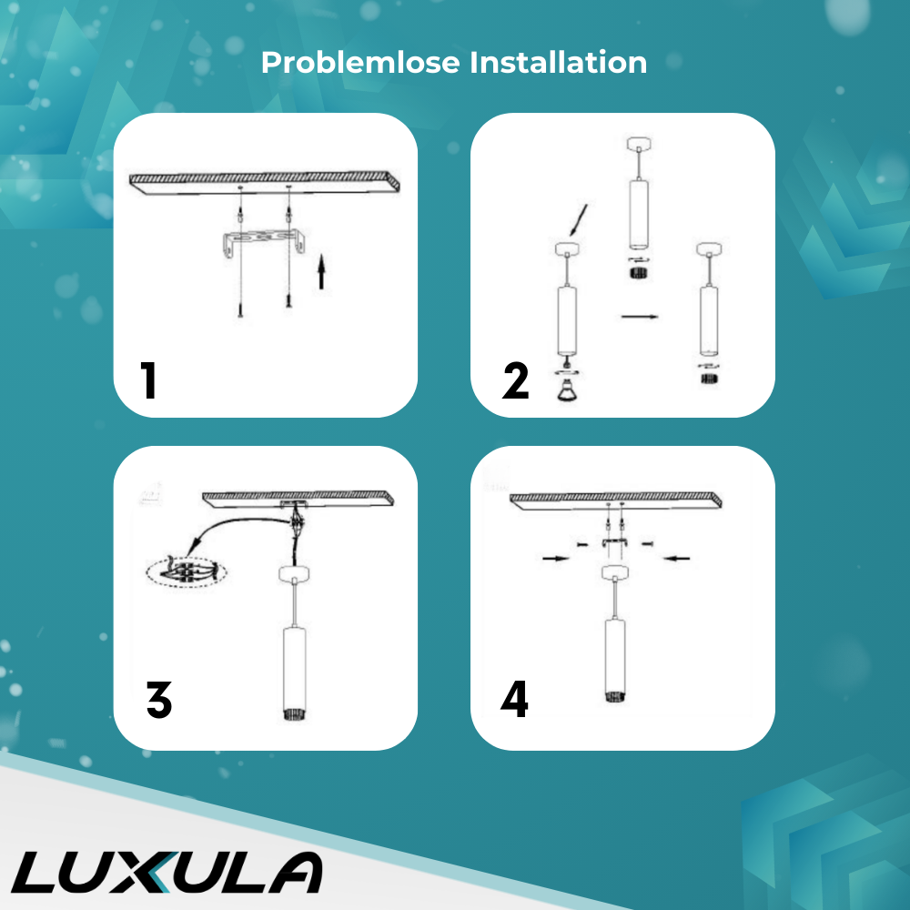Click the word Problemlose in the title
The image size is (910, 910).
(x=360, y=62)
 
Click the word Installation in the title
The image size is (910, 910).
(x=559, y=62)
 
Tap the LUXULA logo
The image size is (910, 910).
(x=167, y=873)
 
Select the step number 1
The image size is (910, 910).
(x=148, y=380)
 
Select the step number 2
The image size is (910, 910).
(x=515, y=380)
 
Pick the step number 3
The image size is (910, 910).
(x=159, y=699)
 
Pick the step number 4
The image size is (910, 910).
(x=514, y=699)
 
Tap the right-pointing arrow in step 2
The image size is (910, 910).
(x=640, y=317)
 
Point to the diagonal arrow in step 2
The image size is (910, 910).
(x=578, y=220)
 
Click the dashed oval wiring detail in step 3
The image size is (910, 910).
(x=186, y=572)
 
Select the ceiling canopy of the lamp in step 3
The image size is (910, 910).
(x=294, y=574)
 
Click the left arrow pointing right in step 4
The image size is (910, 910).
(x=555, y=559)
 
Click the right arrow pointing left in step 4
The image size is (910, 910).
(x=676, y=559)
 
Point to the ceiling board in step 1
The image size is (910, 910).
(x=264, y=182)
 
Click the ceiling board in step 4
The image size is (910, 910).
(x=616, y=501)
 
